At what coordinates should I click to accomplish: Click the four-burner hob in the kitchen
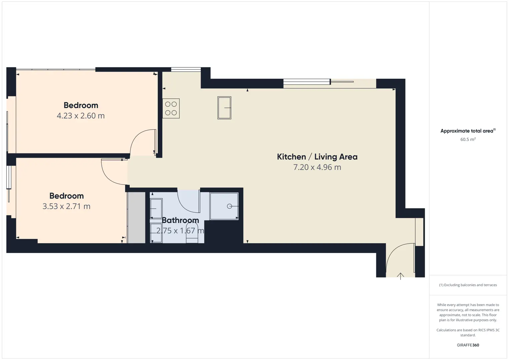171,108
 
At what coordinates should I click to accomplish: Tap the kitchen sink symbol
224,108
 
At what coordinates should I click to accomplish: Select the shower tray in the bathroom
224,206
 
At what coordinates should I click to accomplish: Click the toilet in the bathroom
192,233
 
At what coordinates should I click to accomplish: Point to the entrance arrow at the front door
400,276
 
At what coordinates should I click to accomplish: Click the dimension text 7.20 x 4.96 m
317,167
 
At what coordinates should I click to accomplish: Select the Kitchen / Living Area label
317,157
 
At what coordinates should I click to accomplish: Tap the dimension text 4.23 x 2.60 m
81,116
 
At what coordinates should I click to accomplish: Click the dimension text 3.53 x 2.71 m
66,206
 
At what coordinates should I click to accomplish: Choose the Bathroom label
180,220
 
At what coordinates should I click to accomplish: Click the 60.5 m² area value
468,139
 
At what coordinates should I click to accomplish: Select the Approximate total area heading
468,131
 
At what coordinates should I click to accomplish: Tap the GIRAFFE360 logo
468,345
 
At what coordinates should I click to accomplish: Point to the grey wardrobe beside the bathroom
136,218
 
